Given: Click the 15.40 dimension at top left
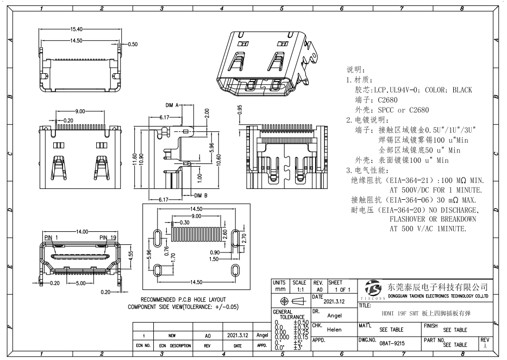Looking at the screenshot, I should pos(76,29).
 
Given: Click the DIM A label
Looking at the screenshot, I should pos(172,105).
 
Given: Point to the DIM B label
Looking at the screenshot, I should pos(202,195).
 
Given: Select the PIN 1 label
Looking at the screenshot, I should pos(51,238).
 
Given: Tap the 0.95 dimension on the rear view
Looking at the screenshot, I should pos(240,110).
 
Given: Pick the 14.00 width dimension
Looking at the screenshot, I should pos(83,232).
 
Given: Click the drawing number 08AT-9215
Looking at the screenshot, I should pos(392,344).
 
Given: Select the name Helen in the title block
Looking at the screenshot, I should pos(334,330).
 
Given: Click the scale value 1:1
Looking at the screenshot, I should pos(299,290).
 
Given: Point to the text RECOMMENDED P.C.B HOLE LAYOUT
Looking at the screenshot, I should pos(184,300).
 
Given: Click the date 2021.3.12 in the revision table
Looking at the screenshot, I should pos(235,336).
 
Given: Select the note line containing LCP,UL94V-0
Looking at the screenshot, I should pos(413,90).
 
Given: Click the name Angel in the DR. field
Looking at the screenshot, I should pos(334,315).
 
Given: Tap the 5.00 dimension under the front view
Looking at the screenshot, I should pos(80,283).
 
